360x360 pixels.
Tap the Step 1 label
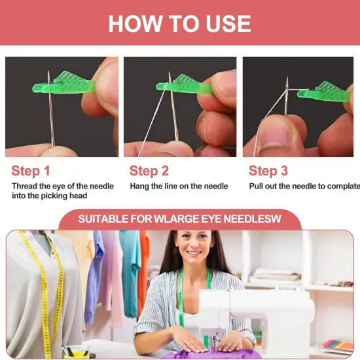31,171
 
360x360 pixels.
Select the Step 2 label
149,171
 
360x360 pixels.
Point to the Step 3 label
268,171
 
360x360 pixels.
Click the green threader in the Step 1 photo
79,82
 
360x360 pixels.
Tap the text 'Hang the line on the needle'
179,187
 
